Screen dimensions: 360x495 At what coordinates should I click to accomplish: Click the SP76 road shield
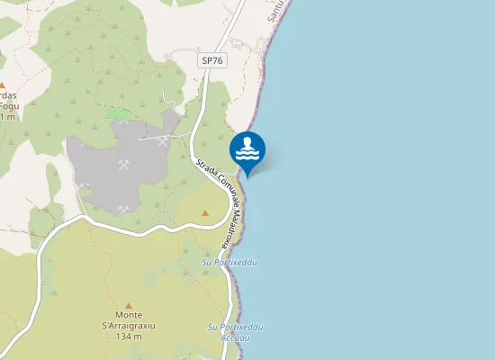212,60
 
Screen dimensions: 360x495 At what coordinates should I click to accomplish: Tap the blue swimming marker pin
247,152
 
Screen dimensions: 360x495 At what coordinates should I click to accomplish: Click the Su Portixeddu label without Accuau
229,262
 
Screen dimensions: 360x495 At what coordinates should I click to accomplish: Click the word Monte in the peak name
129,315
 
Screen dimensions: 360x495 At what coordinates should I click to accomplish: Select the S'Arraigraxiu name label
129,326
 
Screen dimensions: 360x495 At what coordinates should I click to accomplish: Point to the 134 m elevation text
129,337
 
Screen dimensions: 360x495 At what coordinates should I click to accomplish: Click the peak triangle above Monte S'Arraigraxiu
129,305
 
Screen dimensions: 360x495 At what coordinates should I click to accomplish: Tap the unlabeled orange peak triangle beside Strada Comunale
205,212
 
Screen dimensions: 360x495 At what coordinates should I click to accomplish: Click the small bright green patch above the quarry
118,113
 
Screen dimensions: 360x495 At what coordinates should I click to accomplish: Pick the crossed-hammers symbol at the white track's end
163,141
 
